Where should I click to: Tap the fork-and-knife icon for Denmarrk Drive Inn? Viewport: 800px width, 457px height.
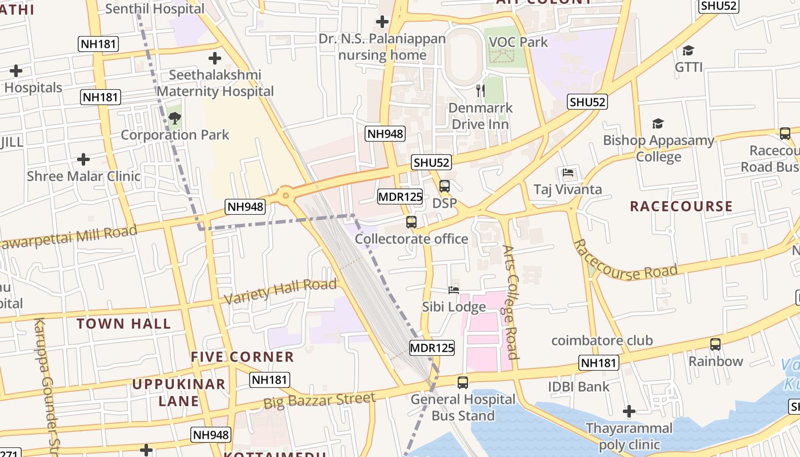[481, 91]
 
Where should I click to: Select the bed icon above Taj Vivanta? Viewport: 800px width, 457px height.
[568, 173]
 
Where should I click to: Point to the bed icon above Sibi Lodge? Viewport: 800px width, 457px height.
[454, 290]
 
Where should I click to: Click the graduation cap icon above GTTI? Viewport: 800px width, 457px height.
[688, 51]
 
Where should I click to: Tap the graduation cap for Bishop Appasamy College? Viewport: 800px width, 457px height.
[658, 124]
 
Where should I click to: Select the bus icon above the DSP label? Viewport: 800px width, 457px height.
[445, 186]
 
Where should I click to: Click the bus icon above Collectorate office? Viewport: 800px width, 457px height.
[411, 222]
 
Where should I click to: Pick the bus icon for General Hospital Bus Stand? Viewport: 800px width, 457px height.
[463, 383]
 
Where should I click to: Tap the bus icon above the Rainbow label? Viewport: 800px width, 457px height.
[715, 344]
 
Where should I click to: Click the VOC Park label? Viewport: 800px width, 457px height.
[518, 42]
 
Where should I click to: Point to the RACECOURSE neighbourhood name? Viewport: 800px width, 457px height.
[681, 206]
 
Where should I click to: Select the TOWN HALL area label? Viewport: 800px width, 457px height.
[123, 324]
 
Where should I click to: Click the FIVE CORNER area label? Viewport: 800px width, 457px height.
[242, 357]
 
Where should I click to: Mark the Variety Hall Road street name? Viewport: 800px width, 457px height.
[280, 292]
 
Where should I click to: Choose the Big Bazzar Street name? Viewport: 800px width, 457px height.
[319, 400]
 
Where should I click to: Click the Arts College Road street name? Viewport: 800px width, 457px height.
[510, 302]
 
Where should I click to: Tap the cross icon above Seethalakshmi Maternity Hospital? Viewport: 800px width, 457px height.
[215, 58]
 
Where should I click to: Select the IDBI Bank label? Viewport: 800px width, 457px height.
[579, 387]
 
